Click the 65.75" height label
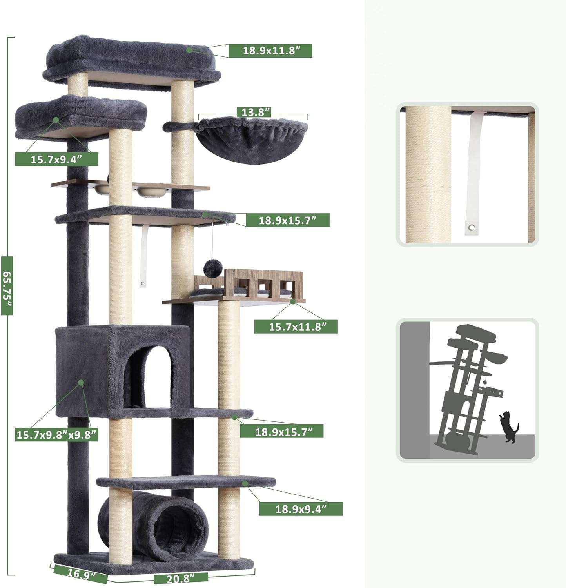[x=7, y=285]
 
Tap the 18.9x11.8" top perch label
[x=270, y=51]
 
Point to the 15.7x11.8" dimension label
[x=296, y=327]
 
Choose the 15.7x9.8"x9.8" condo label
[x=56, y=434]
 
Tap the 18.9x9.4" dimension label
[x=301, y=509]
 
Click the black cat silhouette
[x=508, y=427]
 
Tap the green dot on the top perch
[x=190, y=50]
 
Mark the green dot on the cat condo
[x=81, y=382]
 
